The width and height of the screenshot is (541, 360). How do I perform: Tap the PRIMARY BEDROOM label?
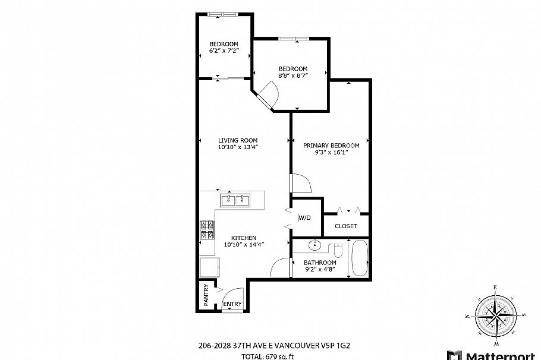(x=331, y=146)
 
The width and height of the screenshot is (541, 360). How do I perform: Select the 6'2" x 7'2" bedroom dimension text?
(x=224, y=52)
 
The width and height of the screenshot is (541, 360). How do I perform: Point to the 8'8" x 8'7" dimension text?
(x=293, y=76)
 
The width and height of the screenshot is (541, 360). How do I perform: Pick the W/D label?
(x=304, y=218)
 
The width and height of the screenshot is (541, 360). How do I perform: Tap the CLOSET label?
(x=345, y=226)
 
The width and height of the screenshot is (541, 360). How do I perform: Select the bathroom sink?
(x=314, y=245)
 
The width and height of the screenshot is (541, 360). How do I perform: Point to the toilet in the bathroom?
(x=337, y=247)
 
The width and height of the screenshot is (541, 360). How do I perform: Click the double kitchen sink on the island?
(x=235, y=200)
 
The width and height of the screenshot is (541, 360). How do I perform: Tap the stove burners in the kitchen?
(x=207, y=230)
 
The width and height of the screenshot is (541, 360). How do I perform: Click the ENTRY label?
(x=232, y=304)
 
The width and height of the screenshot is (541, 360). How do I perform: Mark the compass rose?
(x=495, y=315)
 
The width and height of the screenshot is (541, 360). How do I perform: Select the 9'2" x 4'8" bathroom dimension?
(x=320, y=269)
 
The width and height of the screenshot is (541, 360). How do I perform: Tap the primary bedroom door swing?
(x=297, y=182)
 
